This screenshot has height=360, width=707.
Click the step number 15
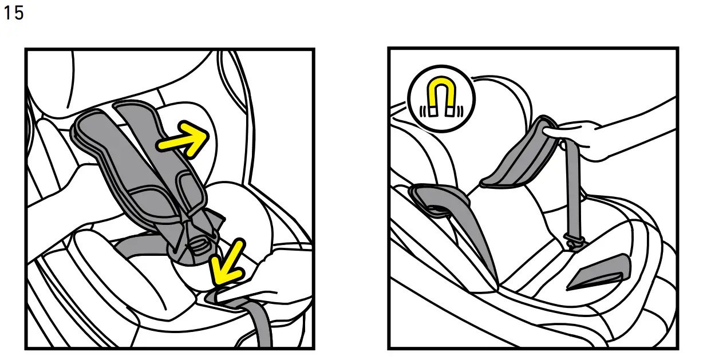pyautogui.click(x=14, y=13)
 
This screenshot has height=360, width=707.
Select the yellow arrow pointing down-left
pyautogui.click(x=226, y=263)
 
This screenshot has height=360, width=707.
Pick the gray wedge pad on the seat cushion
pyautogui.click(x=598, y=274)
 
